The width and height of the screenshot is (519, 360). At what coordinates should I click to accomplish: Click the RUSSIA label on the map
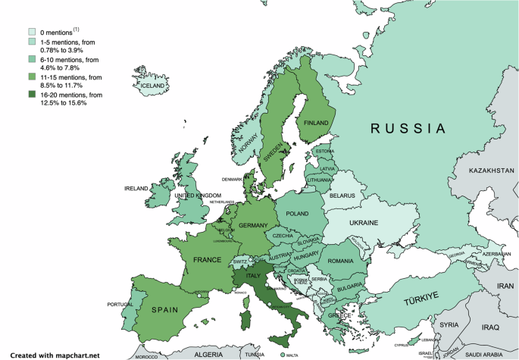(407, 128)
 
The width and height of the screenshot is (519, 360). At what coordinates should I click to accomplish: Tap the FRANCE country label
(206, 260)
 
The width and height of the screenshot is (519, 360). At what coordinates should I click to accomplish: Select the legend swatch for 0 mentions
(32, 32)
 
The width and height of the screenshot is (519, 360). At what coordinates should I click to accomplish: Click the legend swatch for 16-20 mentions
(32, 95)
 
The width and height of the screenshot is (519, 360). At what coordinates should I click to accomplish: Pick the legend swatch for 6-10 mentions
(32, 59)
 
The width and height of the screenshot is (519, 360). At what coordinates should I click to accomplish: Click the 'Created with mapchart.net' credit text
(54, 354)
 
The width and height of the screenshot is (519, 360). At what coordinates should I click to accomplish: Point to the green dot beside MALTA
(283, 354)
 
